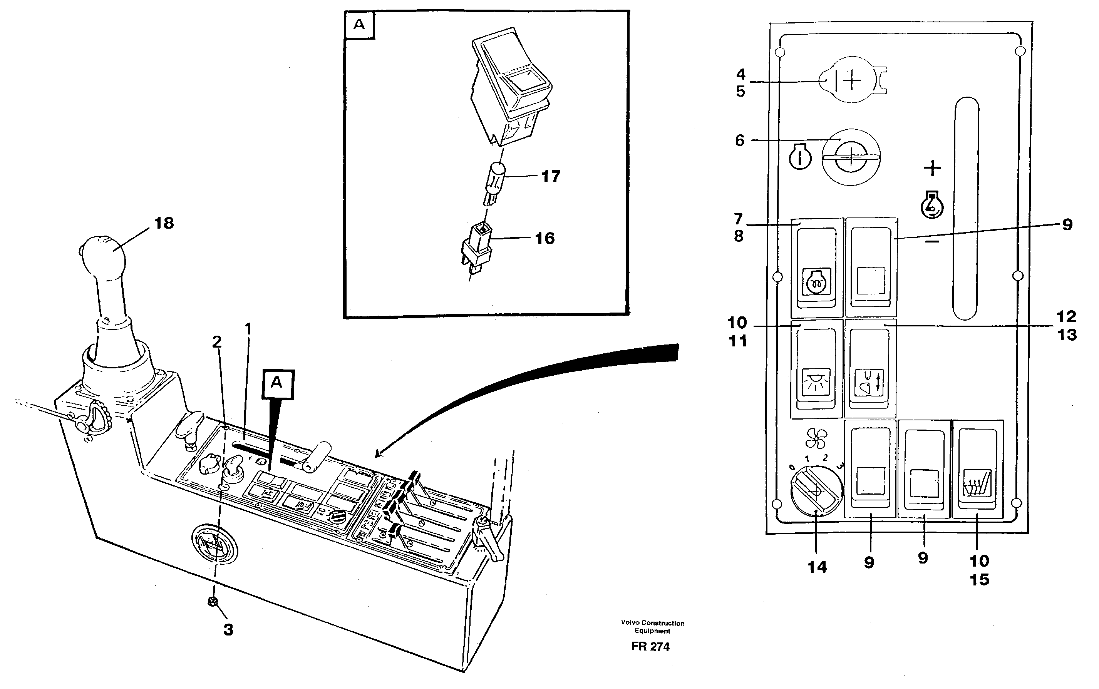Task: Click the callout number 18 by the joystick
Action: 164,223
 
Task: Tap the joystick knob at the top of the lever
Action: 103,257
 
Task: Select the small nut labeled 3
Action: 212,602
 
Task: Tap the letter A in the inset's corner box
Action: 359,25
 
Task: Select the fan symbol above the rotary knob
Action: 816,438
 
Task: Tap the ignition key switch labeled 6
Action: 851,157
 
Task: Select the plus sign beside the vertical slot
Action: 932,168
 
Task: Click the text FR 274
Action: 650,647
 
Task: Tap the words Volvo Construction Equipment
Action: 652,627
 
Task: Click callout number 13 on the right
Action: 1066,335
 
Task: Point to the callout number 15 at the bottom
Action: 979,580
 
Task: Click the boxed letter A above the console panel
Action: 277,383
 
